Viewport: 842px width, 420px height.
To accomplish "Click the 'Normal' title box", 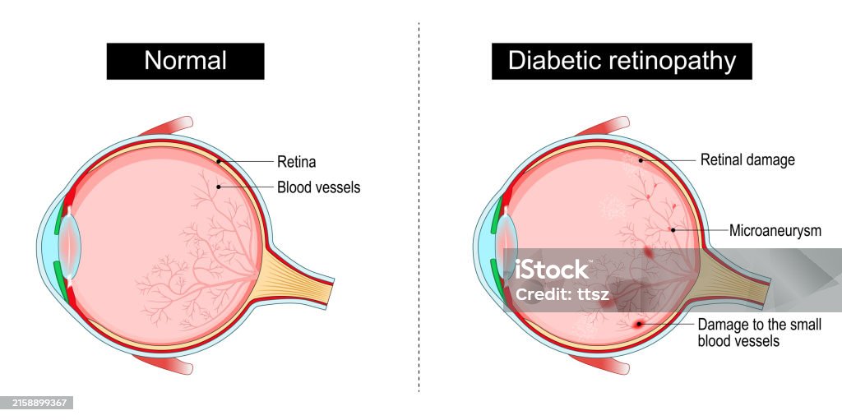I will pyautogui.click(x=185, y=61).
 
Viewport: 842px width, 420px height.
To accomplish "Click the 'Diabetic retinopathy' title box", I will pyautogui.click(x=622, y=61).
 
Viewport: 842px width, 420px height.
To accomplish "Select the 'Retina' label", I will pyautogui.click(x=296, y=162).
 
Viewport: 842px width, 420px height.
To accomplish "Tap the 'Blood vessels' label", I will pyautogui.click(x=318, y=187).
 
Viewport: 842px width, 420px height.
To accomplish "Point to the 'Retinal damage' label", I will pyautogui.click(x=747, y=159).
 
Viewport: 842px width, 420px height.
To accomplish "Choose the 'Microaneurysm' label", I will pyautogui.click(x=775, y=231).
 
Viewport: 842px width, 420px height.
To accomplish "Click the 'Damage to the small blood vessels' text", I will pyautogui.click(x=758, y=332).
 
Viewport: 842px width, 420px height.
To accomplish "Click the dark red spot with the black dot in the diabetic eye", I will pyautogui.click(x=637, y=325).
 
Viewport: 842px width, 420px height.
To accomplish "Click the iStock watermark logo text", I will pyautogui.click(x=552, y=269).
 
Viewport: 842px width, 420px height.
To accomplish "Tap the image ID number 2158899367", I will pyautogui.click(x=38, y=403).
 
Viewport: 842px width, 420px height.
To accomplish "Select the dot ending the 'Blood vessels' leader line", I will pyautogui.click(x=218, y=187).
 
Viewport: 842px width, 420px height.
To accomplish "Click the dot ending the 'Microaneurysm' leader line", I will pyautogui.click(x=673, y=230).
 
